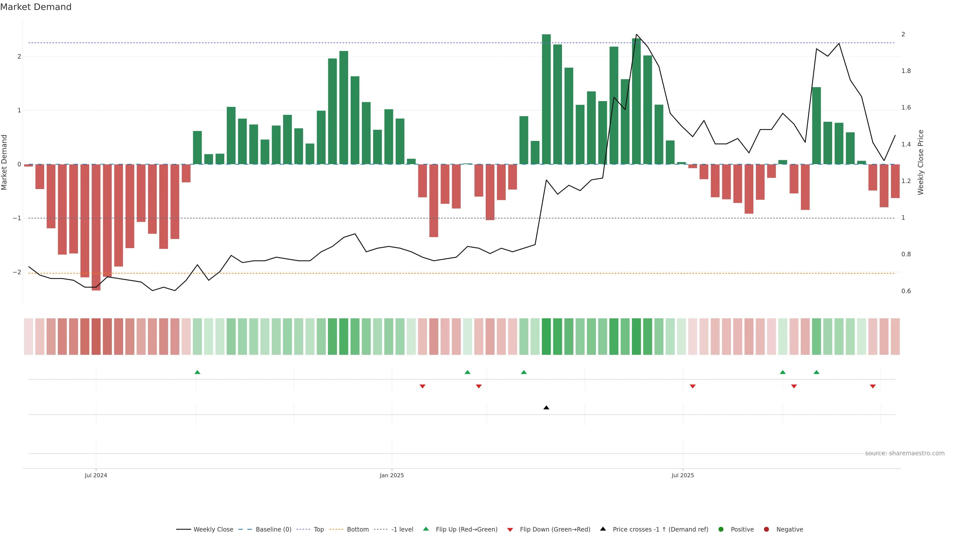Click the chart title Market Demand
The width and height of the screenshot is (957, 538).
(x=36, y=7)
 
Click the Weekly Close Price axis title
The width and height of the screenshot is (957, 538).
(x=921, y=162)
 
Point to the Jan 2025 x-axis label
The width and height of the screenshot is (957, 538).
(x=392, y=475)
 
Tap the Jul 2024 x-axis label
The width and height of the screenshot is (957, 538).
(x=96, y=475)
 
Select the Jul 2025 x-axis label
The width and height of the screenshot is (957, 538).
(x=682, y=475)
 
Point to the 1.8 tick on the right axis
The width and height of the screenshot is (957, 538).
(x=906, y=71)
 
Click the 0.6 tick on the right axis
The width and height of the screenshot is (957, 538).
(x=906, y=291)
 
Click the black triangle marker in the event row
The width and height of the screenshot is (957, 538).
(x=546, y=408)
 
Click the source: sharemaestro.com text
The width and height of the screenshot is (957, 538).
(x=905, y=453)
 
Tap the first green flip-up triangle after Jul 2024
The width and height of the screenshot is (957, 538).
(x=197, y=372)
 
